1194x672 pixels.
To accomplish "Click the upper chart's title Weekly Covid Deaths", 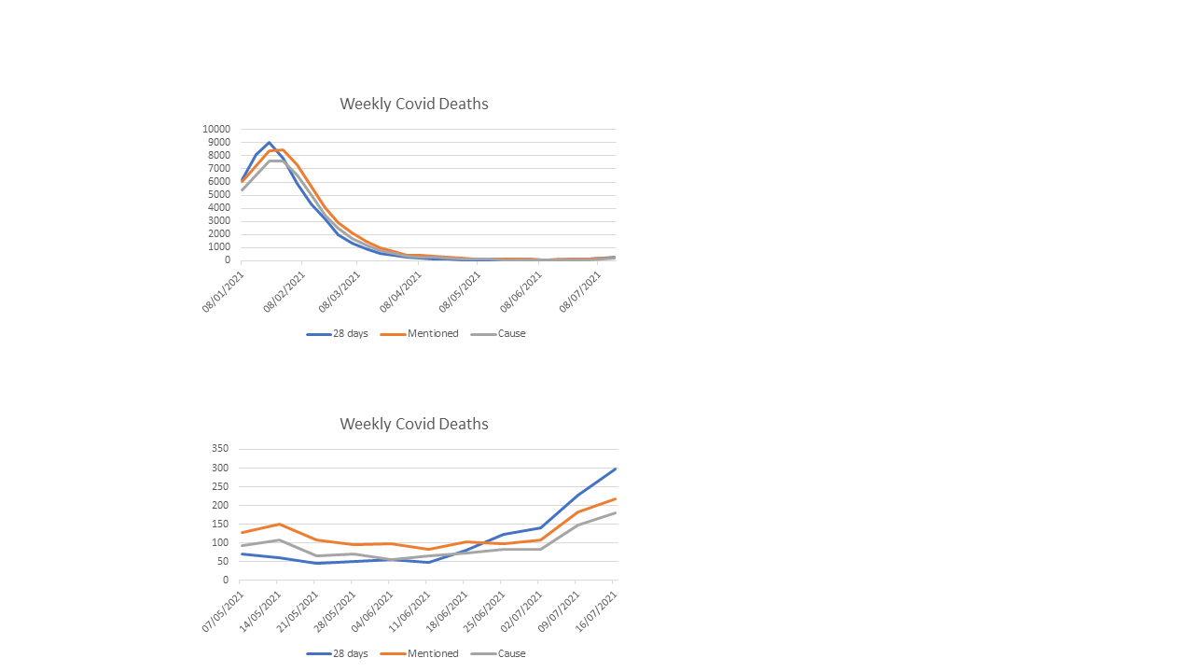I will click(x=413, y=104).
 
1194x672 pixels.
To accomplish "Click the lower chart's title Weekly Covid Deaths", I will click(x=413, y=424).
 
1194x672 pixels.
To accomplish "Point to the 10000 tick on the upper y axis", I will click(x=215, y=130).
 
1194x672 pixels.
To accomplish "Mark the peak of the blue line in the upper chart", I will click(x=269, y=143).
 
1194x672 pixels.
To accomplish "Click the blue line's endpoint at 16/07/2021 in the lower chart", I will click(x=615, y=469).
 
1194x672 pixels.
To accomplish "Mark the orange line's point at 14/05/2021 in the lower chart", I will click(x=278, y=524).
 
